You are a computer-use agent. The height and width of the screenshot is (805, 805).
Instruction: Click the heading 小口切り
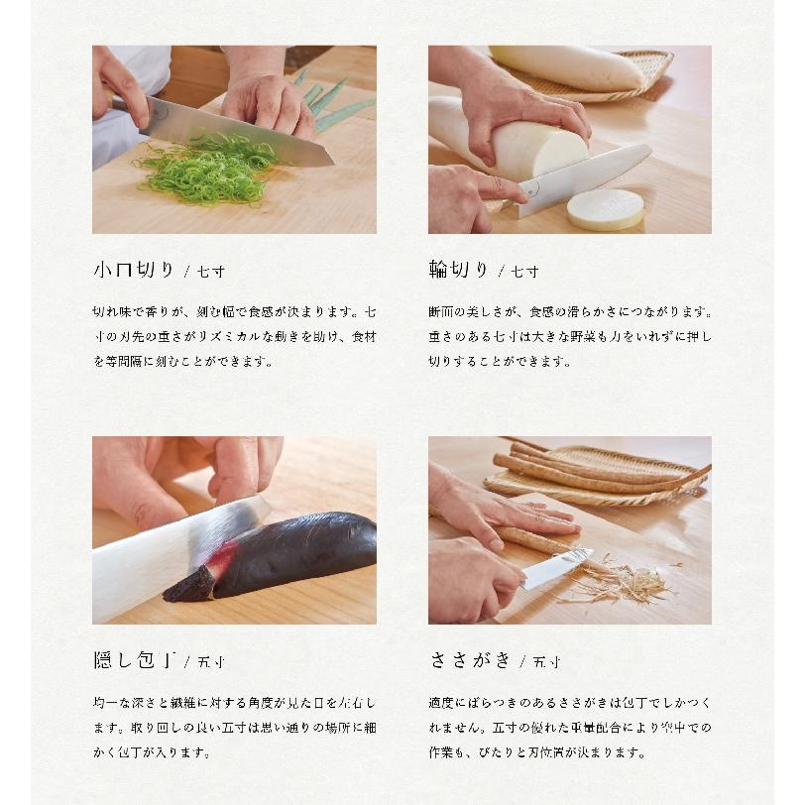135,270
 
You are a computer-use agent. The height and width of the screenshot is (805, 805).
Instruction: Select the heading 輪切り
458,270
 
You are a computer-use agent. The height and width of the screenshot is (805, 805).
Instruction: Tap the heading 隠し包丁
136,660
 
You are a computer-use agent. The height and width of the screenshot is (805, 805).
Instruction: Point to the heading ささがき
470,660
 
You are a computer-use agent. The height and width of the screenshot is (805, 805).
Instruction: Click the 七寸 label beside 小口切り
211,272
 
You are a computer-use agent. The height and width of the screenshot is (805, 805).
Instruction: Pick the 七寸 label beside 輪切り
524,272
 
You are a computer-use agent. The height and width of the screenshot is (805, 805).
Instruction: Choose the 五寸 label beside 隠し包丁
211,662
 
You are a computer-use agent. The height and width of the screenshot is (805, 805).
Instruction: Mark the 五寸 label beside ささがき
546,662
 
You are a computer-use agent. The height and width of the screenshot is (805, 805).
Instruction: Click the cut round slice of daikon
606,208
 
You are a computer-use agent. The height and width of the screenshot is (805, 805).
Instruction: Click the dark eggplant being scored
278,557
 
